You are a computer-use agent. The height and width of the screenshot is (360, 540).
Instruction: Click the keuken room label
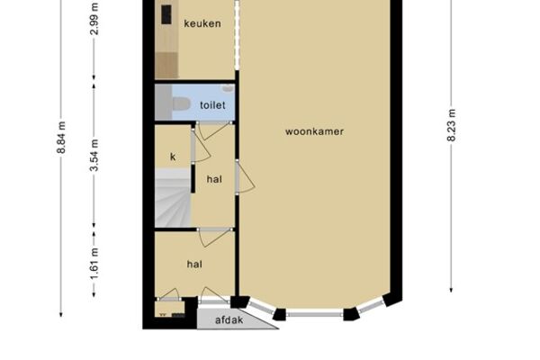202,23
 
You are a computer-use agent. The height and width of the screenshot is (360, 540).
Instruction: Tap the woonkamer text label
314,131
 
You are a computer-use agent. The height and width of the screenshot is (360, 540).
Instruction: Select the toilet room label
212,105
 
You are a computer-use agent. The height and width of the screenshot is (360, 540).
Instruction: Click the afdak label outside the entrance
229,320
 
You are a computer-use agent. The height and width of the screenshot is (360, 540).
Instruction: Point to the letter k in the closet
173,157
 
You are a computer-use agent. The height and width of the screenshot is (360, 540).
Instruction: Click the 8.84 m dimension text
61,138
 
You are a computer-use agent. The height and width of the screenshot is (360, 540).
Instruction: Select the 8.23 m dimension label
452,125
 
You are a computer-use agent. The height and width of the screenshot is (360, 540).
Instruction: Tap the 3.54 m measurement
94,155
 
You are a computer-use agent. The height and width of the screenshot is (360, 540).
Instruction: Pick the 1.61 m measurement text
94,264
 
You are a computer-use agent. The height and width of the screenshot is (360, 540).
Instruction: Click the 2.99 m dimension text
94,19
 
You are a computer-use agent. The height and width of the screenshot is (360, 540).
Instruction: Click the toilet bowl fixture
181,103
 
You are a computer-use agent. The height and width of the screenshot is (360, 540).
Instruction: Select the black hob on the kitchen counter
166,14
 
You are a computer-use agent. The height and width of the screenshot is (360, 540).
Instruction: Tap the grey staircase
173,198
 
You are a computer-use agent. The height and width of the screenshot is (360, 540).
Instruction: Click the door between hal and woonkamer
245,177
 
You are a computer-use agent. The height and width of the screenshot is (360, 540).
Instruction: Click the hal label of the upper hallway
214,179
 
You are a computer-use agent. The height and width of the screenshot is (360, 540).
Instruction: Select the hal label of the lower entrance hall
194,265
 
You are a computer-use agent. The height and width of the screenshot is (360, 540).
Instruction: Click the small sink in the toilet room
228,88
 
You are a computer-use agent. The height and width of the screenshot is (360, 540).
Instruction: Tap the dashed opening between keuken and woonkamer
237,34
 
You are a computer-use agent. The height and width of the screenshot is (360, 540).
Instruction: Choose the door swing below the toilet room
213,130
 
